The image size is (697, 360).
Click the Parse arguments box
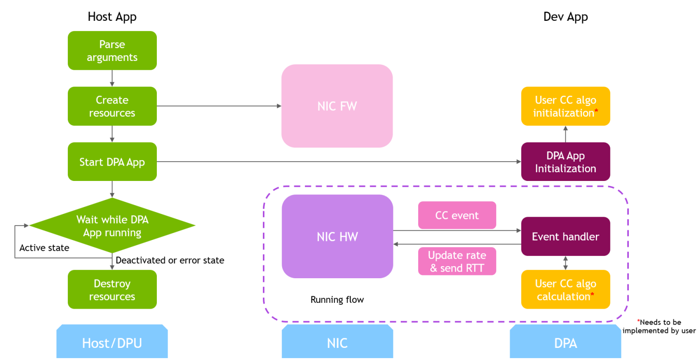tap(112, 51)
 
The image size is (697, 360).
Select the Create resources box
tap(112, 106)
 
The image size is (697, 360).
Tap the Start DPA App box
tap(112, 162)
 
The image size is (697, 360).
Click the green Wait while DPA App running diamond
tap(112, 225)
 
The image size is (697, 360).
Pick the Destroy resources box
tap(112, 289)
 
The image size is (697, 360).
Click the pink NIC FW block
tap(337, 106)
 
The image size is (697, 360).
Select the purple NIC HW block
tap(337, 236)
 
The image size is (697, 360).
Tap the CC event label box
tap(457, 215)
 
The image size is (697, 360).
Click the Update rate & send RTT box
tap(457, 261)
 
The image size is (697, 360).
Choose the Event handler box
tap(565, 236)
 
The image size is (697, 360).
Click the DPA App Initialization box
tap(565, 162)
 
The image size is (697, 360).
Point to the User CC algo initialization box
tap(565, 106)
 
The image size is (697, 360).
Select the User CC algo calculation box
tap(565, 289)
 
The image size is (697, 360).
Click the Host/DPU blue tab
tap(112, 343)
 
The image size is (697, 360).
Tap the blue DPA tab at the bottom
tap(565, 343)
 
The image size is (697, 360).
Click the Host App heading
tap(112, 17)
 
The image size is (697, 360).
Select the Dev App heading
tap(565, 17)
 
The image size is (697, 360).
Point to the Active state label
tap(44, 248)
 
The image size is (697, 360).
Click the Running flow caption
tap(337, 300)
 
